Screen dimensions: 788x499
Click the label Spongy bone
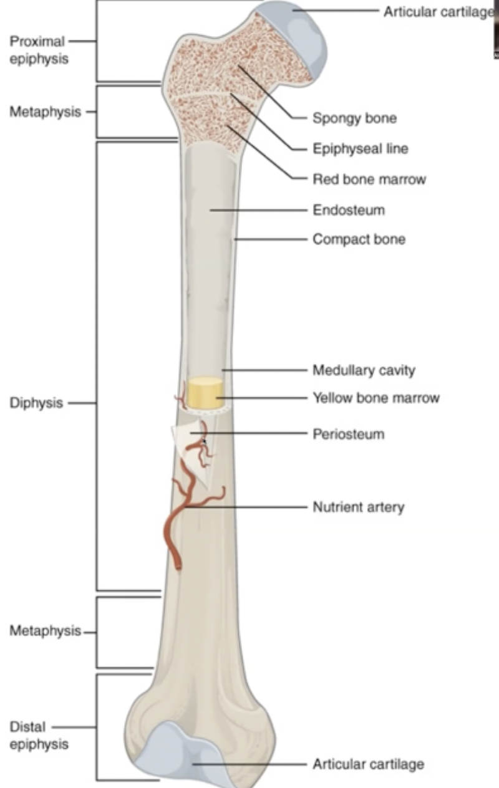(x=354, y=118)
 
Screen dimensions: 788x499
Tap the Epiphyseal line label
(x=361, y=149)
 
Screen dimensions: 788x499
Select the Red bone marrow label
(x=369, y=180)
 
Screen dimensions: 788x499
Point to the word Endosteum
(x=349, y=210)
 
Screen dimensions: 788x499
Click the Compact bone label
(x=359, y=239)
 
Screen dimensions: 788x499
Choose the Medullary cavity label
(x=364, y=370)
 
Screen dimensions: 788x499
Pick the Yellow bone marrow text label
(x=375, y=398)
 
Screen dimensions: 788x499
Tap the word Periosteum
(x=348, y=434)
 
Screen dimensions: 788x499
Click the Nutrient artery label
(x=358, y=507)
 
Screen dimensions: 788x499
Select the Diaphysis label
(x=36, y=403)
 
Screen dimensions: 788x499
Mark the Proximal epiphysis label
(x=37, y=50)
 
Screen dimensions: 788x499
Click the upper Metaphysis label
(x=45, y=112)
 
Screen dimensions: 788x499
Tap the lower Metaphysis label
(x=45, y=631)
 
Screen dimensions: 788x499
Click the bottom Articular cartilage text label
(x=368, y=764)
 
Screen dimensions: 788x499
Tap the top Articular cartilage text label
(x=437, y=12)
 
